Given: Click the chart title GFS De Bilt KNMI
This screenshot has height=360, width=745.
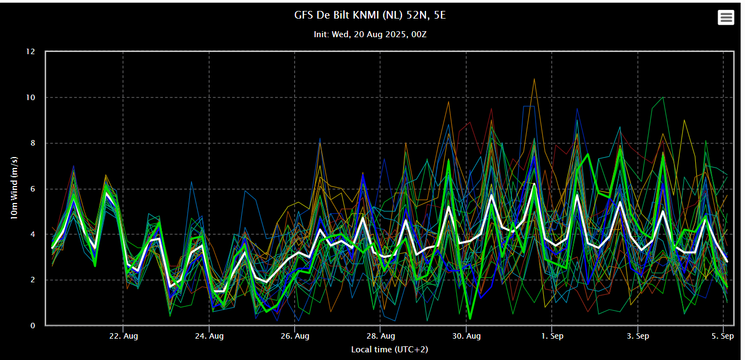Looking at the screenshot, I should coord(370,15).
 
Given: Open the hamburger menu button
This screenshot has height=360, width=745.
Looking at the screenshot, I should coord(726,18).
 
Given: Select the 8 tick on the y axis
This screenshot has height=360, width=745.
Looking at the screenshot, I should coord(32,143).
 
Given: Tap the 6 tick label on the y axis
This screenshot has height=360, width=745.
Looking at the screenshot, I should coord(32,189).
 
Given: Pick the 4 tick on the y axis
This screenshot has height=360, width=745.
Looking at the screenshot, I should coord(32,234).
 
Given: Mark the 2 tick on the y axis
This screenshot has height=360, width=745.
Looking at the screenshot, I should coord(32,280).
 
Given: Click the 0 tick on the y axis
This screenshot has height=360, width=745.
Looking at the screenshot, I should coord(32,326).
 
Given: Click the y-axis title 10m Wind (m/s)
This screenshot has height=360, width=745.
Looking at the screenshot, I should coord(14,188).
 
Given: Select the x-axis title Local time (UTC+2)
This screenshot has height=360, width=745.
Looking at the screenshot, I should coord(389,349).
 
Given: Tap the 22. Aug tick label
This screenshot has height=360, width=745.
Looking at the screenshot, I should coord(124,336).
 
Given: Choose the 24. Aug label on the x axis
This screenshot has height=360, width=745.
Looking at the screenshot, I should coord(209,336).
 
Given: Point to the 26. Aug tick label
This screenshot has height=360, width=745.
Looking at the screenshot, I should coord(295,336).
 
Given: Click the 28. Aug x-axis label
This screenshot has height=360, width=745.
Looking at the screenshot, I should coord(381,336).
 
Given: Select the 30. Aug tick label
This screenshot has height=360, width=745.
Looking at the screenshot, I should coord(467,336).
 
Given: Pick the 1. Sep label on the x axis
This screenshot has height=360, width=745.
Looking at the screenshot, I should coord(552,336).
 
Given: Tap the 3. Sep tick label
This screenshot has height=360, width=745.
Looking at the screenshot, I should coord(638,336).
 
